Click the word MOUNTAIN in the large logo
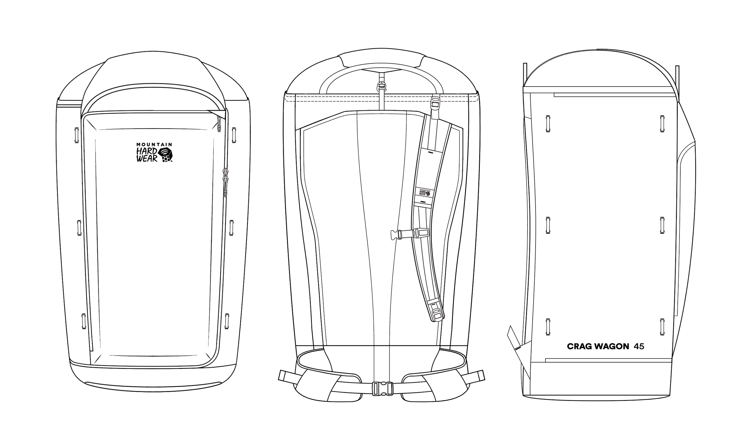154,144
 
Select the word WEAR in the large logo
147,159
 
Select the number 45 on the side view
639,346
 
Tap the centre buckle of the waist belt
383,388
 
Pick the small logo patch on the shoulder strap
425,193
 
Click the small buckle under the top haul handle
382,87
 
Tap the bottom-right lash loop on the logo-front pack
227,321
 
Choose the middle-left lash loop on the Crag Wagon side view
548,225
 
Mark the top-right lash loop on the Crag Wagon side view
662,122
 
